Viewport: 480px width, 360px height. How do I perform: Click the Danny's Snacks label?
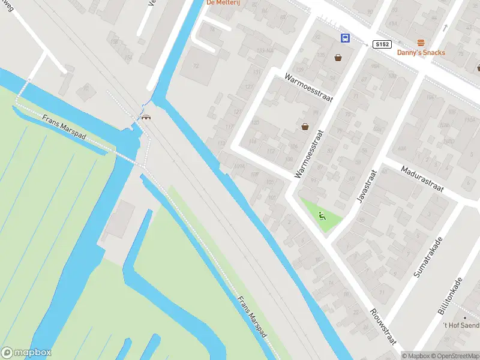tap(421, 52)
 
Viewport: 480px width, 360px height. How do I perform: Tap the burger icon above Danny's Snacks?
tap(421, 42)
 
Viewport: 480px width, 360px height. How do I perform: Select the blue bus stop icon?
tap(346, 38)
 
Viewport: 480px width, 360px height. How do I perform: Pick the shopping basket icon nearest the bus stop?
tap(338, 58)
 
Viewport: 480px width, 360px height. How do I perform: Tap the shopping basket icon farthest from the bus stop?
tap(305, 126)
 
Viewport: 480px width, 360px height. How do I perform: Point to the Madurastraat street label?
tap(422, 179)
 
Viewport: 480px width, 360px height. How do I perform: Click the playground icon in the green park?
tap(323, 216)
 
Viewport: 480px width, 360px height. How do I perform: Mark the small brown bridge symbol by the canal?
tap(146, 117)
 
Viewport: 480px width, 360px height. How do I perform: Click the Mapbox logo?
tap(26, 353)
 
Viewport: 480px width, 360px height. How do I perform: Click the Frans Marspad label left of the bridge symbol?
tap(65, 128)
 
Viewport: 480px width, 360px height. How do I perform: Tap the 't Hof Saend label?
tap(461, 325)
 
